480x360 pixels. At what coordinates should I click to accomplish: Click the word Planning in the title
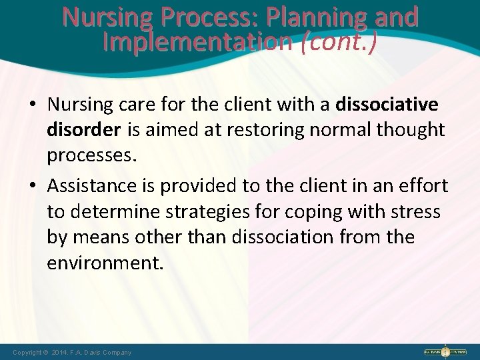[323, 16]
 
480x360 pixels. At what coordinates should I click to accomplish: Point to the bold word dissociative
[387, 105]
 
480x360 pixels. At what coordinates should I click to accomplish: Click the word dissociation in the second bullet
[287, 237]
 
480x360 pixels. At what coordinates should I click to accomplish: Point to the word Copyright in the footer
[27, 352]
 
